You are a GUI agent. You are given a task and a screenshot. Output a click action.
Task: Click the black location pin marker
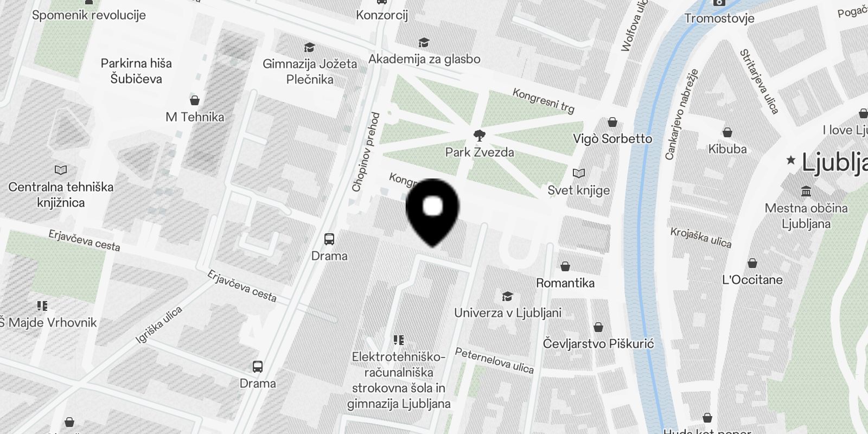432,209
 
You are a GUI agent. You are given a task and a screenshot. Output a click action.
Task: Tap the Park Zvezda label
480,152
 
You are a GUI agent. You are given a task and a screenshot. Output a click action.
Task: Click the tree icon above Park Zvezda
480,136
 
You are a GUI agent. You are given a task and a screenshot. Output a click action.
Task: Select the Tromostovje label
719,18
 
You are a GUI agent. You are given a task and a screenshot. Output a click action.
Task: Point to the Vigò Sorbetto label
612,139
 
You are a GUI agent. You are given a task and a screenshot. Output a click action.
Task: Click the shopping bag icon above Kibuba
727,132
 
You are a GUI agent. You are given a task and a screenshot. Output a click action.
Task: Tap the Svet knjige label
578,190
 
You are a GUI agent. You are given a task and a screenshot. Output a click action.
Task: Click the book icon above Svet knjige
579,174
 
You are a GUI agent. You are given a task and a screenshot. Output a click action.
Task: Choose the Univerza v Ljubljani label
508,313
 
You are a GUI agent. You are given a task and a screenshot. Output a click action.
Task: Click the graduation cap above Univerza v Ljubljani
507,296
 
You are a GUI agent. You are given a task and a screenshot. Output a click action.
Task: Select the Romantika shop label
565,283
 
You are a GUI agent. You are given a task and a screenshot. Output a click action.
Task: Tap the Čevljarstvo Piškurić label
598,344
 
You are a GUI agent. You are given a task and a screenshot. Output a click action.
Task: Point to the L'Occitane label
752,280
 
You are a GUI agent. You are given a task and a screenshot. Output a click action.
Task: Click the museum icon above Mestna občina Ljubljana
806,192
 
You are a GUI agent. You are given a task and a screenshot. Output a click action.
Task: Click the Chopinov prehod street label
366,152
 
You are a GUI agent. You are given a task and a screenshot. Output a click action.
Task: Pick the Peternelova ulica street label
494,361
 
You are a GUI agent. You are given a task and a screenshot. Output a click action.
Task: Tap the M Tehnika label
195,117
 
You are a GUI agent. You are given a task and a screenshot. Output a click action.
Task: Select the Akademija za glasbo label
424,59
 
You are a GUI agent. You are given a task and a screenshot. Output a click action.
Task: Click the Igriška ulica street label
159,324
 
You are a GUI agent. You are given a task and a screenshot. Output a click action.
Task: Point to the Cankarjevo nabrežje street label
681,114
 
